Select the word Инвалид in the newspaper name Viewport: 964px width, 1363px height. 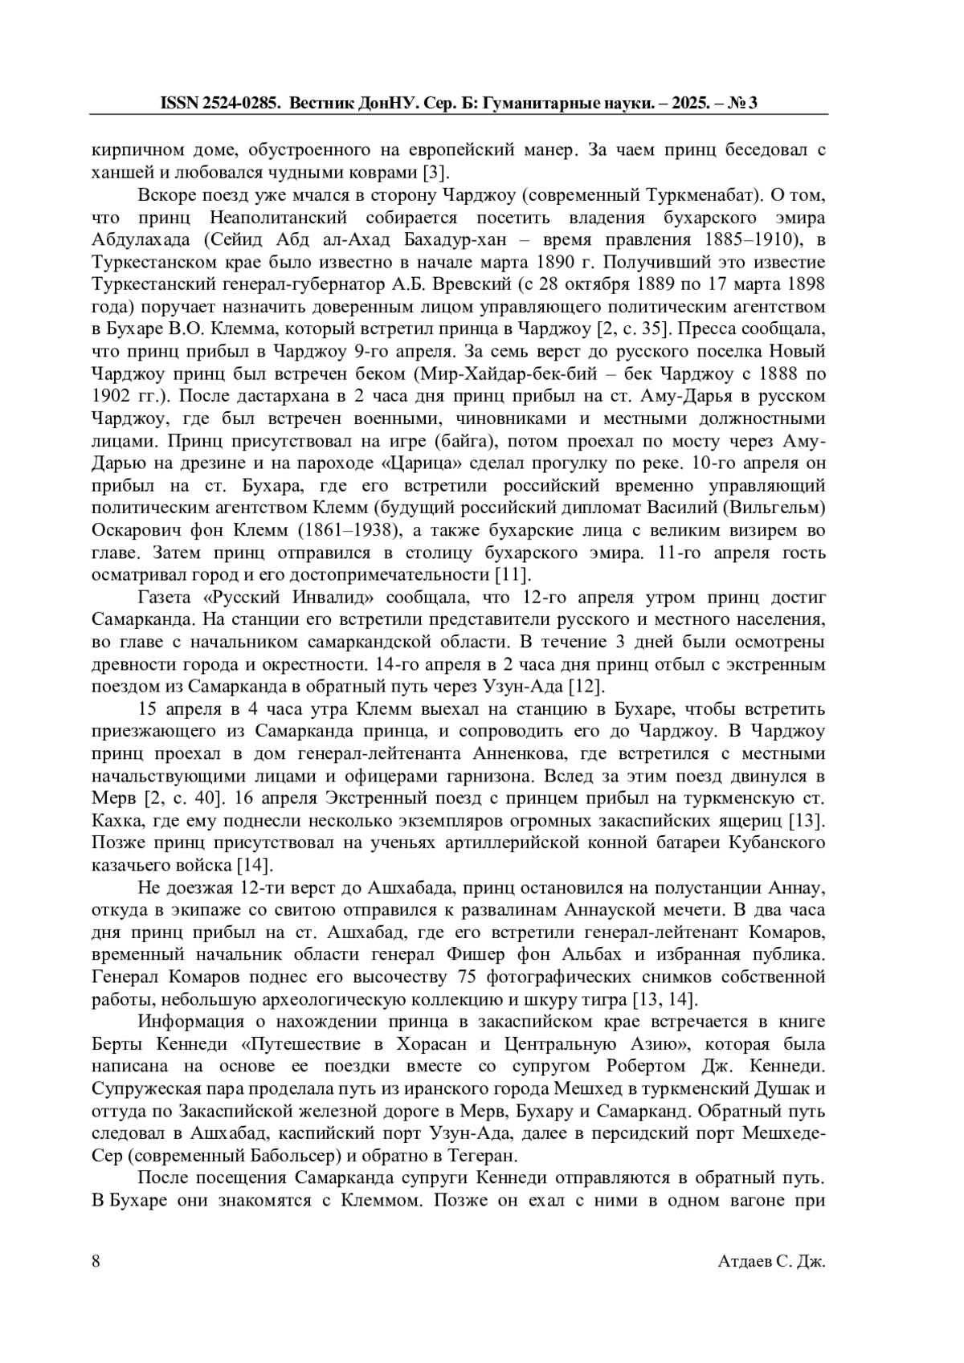click(330, 598)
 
